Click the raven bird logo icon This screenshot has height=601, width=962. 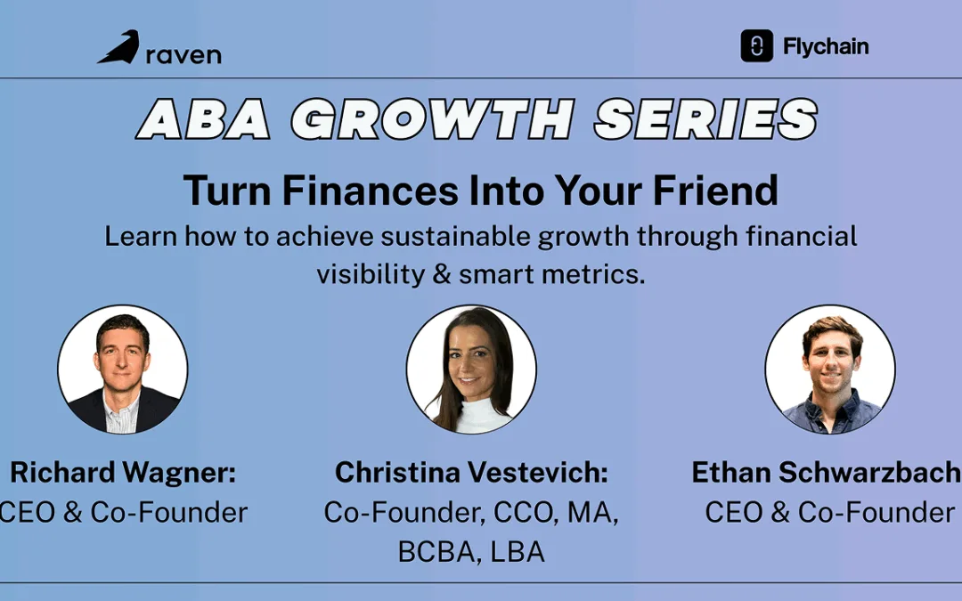118,48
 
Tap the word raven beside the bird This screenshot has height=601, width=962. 183,54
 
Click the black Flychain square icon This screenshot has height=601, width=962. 756,46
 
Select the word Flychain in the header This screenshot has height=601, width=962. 826,47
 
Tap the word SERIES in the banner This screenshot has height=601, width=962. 705,118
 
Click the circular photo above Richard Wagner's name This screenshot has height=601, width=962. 123,369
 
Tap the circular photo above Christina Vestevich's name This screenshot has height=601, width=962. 471,370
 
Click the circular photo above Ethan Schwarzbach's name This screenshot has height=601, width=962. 830,370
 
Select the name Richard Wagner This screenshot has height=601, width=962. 123,473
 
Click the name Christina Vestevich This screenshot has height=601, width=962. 471,473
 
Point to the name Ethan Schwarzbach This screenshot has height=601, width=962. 827,473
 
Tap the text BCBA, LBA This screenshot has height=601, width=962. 471,551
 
